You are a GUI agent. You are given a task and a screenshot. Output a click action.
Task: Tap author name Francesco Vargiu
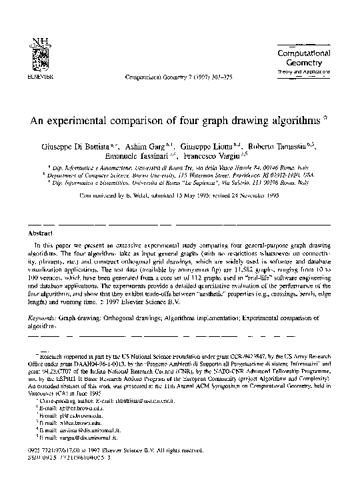(201, 157)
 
